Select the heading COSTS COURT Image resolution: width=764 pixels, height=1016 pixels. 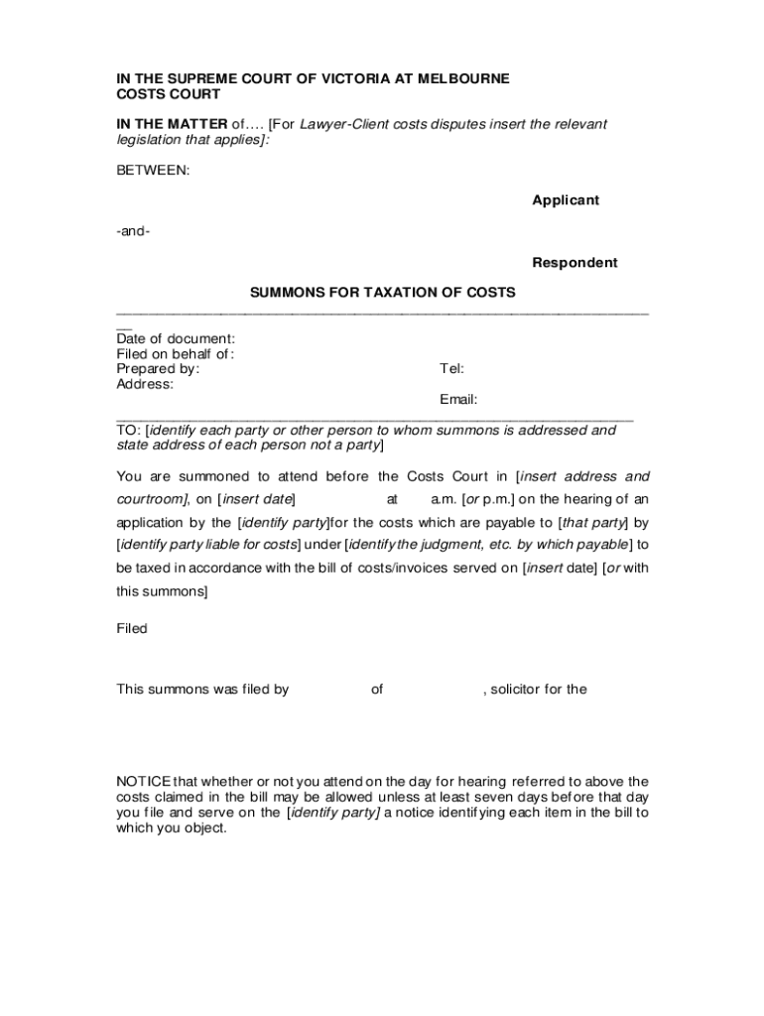pyautogui.click(x=168, y=94)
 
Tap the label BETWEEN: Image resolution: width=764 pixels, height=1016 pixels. pyautogui.click(x=153, y=171)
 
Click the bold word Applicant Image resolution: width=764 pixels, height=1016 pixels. pyautogui.click(x=566, y=200)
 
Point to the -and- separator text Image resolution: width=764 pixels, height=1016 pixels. pyautogui.click(x=133, y=231)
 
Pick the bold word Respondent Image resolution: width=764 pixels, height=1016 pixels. pyautogui.click(x=574, y=263)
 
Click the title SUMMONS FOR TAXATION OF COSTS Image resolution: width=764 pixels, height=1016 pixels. pyautogui.click(x=382, y=293)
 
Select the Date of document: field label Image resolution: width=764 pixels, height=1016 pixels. pyautogui.click(x=176, y=338)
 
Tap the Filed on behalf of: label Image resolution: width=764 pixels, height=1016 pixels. pyautogui.click(x=175, y=354)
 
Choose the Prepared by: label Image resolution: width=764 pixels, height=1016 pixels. pyautogui.click(x=158, y=369)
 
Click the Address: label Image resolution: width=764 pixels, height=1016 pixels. pyautogui.click(x=145, y=384)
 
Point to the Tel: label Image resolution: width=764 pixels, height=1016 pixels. pyautogui.click(x=451, y=369)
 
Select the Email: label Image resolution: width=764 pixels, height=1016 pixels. pyautogui.click(x=458, y=400)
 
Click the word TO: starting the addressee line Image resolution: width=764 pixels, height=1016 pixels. pyautogui.click(x=129, y=431)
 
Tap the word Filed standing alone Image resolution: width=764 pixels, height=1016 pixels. pyautogui.click(x=132, y=628)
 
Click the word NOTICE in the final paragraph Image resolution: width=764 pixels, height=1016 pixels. pyautogui.click(x=144, y=781)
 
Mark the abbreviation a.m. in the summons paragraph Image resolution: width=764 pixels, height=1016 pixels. pyautogui.click(x=444, y=499)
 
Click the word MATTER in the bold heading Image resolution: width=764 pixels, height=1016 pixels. pyautogui.click(x=197, y=124)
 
